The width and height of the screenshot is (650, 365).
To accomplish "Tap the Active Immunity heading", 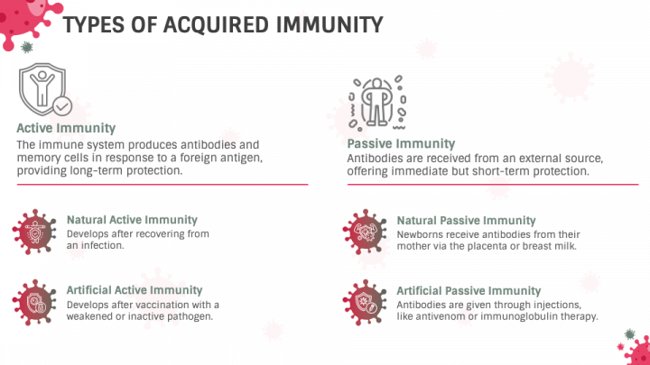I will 66,128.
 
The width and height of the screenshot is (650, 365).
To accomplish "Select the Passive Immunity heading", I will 401,143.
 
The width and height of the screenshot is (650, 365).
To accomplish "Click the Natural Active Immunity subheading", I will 132,219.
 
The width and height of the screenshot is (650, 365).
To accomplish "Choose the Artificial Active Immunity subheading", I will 135,290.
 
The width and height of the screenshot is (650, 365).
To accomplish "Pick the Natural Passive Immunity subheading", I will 466,220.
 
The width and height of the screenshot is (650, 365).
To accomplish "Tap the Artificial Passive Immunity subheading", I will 469,291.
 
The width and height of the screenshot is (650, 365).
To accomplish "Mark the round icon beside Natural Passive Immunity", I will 366,232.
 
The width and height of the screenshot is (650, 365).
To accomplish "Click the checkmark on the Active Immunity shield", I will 62,106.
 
